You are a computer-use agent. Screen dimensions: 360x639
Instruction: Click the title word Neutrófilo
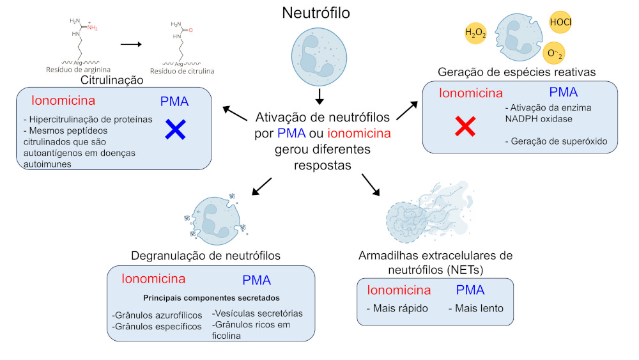[x=319, y=13]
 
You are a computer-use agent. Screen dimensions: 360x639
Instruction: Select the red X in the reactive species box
[x=465, y=127]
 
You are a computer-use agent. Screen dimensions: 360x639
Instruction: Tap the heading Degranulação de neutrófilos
[x=206, y=256]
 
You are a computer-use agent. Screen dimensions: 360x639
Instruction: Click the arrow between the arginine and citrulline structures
[x=130, y=44]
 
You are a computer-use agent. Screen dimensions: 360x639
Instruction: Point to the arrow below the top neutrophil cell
[x=319, y=97]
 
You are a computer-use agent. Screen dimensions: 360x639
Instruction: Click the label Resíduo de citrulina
[x=182, y=71]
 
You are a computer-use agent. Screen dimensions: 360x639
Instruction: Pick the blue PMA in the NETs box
[x=470, y=290]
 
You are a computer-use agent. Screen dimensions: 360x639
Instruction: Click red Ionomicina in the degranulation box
[x=153, y=279]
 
